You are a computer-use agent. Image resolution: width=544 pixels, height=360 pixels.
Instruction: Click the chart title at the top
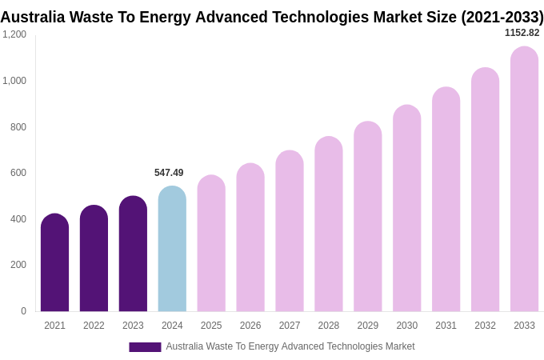coord(272,17)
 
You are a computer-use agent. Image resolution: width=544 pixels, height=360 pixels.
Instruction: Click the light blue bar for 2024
coord(172,249)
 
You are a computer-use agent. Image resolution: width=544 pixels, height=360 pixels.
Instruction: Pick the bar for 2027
coord(290,231)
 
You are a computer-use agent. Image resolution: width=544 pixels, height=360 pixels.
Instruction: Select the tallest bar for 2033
coord(524,179)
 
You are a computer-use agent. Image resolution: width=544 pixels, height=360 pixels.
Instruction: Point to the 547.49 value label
coord(169,173)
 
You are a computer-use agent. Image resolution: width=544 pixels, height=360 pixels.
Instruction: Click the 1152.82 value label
coord(522,33)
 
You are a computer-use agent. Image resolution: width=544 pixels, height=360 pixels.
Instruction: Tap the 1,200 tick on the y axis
coord(14,34)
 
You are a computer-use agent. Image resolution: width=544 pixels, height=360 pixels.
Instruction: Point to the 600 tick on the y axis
coord(18,173)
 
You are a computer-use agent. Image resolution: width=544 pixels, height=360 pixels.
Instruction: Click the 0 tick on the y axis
coord(23,311)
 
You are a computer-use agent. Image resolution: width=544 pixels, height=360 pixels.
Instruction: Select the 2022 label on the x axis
coord(94,326)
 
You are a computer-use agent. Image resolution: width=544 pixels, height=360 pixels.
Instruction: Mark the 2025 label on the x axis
coord(211,326)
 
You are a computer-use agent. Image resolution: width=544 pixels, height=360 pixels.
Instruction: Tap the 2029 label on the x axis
coord(368,326)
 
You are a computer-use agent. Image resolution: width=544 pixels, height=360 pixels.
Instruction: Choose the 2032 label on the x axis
coord(485,326)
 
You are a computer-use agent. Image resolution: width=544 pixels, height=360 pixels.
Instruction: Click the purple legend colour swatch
coord(145,347)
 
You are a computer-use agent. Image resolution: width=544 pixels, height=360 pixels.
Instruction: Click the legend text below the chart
coord(290,346)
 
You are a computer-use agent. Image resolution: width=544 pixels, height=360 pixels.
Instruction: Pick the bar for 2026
coord(250,238)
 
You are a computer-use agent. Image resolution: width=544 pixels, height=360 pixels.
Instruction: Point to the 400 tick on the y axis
coord(18,219)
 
